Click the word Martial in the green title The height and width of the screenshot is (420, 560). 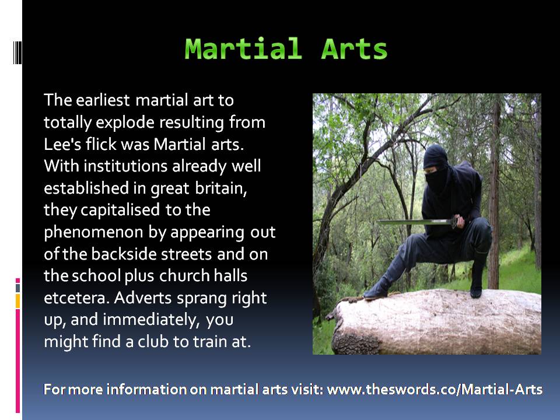pyautogui.click(x=243, y=48)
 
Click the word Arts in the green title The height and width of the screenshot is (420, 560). pyautogui.click(x=354, y=48)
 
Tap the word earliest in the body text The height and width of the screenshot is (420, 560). pyautogui.click(x=103, y=100)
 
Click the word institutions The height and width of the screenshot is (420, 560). pyautogui.click(x=126, y=166)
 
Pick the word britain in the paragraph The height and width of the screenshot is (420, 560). pyautogui.click(x=221, y=188)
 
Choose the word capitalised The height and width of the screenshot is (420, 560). pyautogui.click(x=120, y=210)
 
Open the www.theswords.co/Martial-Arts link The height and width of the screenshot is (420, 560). pyautogui.click(x=435, y=389)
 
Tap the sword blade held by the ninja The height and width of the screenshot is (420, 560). pyautogui.click(x=414, y=222)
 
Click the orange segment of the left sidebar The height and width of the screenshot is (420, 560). pyautogui.click(x=17, y=301)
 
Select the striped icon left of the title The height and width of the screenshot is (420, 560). pyautogui.click(x=17, y=52)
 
